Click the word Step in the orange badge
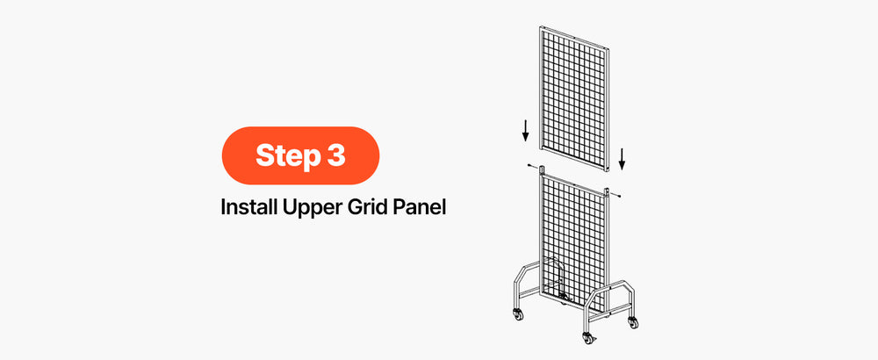(x=284, y=156)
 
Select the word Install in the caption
(x=248, y=206)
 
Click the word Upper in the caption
(x=311, y=208)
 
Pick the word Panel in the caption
(x=421, y=206)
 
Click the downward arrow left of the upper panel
(x=525, y=130)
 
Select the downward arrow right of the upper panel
(x=622, y=159)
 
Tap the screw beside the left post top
(x=530, y=166)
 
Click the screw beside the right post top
(x=617, y=195)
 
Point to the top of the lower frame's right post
(x=607, y=191)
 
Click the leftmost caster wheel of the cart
(x=518, y=314)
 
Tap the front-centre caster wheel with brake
(x=587, y=337)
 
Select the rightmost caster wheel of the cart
(x=633, y=322)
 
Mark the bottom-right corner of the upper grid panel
(x=608, y=169)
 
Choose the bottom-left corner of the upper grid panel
(x=540, y=148)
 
